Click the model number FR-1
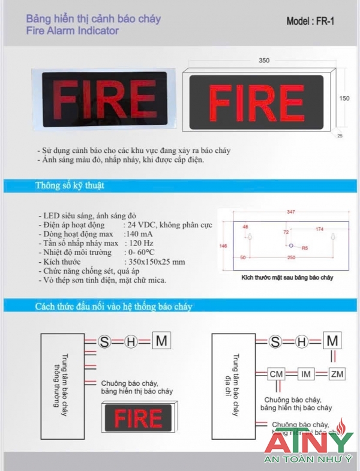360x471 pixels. pos(324,22)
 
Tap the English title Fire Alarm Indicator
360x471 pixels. pos(73,31)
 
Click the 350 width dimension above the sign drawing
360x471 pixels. pos(264,60)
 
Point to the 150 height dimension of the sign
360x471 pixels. pos(344,98)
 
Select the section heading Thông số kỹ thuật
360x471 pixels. pos(70,185)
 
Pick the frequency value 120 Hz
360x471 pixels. pos(141,243)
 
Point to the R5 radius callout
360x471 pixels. pos(304,247)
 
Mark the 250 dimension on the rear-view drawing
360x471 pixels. pos(290,257)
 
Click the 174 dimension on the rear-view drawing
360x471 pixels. pos(319,229)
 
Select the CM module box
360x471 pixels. pos(276,374)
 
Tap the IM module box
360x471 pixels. pos(306,374)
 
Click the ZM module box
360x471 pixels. pos(337,374)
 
